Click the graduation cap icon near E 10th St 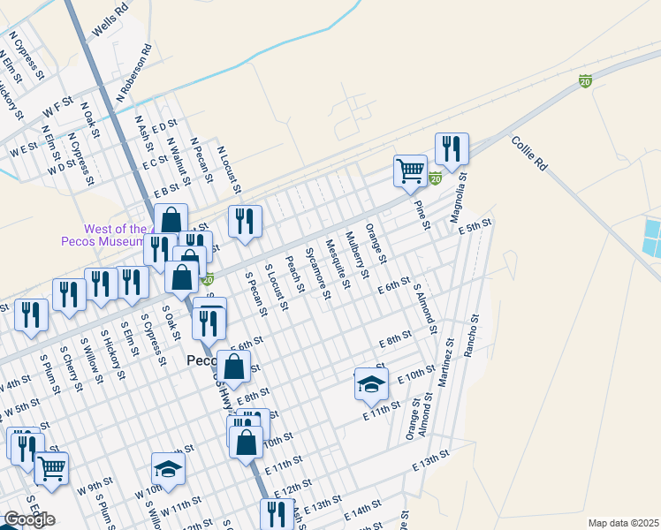371,382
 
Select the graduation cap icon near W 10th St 168,467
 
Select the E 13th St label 430,460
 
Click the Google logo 28,519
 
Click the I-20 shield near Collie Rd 585,80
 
